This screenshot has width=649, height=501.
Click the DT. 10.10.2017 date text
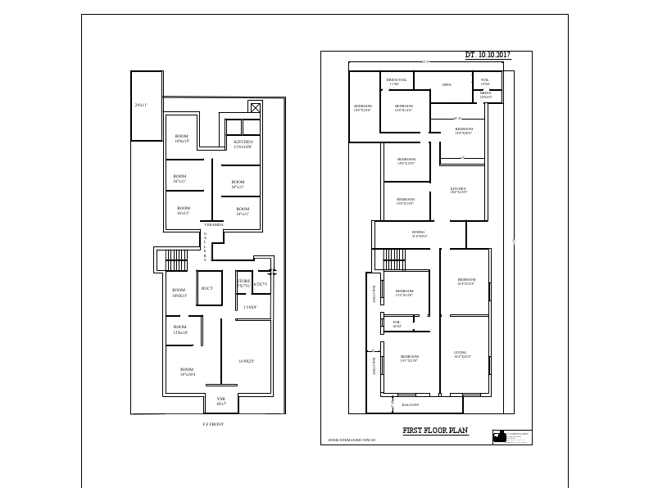488,55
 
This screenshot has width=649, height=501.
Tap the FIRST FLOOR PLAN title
435,431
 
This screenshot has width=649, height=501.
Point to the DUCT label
207,288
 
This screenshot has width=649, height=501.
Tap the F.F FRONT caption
213,424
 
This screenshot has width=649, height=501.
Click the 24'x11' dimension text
141,106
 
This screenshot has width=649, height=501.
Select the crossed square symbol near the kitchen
256,108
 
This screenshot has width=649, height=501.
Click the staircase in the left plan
177,261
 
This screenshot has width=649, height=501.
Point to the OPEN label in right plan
447,84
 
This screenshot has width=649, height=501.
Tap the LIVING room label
461,354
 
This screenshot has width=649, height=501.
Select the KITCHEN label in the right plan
458,191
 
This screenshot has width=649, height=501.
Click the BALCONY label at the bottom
411,404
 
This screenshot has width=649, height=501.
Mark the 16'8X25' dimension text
246,360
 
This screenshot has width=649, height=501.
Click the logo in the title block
498,437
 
